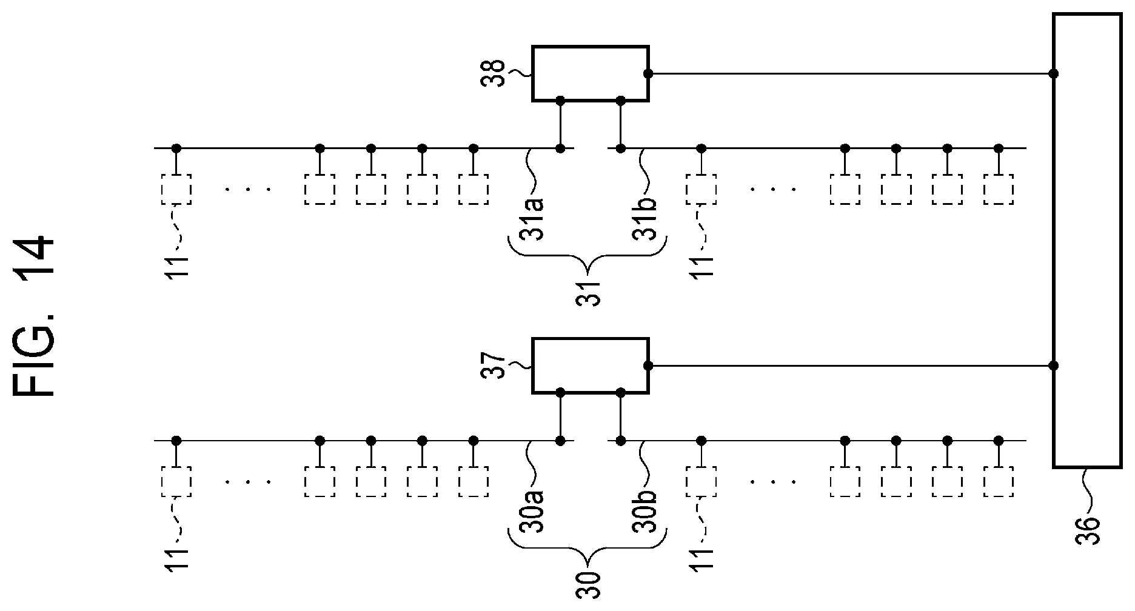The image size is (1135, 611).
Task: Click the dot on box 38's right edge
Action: [648, 74]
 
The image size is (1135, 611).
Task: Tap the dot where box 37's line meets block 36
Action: [1054, 366]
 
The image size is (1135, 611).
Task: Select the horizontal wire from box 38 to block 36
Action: [851, 74]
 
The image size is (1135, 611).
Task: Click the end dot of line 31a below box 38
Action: [561, 148]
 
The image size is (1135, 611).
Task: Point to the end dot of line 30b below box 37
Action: [620, 441]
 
